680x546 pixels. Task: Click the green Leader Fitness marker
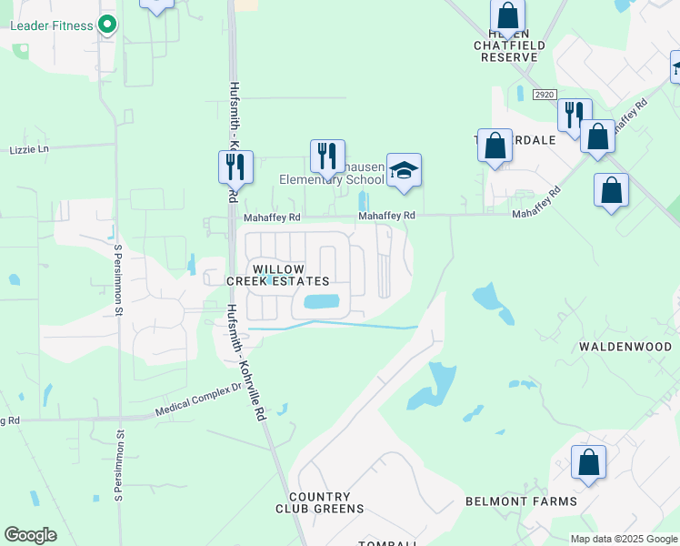coord(107,25)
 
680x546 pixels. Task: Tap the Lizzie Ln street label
coord(29,148)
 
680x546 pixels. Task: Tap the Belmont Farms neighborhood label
coord(521,501)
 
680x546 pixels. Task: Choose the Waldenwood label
coord(626,347)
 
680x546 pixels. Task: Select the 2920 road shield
coord(544,94)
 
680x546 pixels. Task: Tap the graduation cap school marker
coord(404,169)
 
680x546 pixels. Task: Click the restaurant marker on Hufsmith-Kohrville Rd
coord(235,166)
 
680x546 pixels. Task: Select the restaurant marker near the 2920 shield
coord(575,115)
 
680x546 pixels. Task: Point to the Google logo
coord(30,535)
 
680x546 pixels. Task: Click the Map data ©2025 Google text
coord(624,539)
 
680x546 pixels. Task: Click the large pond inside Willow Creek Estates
coord(321,301)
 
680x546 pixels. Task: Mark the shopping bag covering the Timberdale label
coord(495,146)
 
